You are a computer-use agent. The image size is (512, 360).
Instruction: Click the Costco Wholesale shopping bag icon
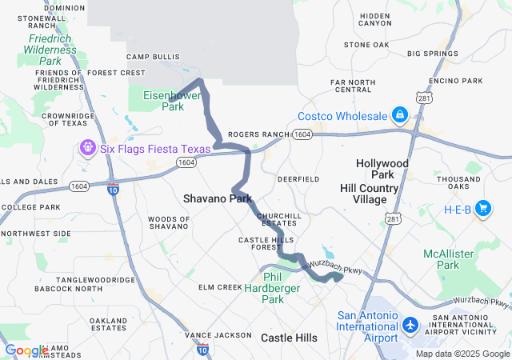tap(398, 116)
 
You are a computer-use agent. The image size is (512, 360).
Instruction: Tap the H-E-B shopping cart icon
tap(482, 209)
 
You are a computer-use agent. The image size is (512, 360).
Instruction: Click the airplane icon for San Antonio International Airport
tap(410, 326)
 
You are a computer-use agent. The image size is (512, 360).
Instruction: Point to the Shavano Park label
tap(217, 198)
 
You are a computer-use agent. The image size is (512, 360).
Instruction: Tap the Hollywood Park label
tap(382, 169)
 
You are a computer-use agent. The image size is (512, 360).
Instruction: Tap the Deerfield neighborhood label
tap(298, 178)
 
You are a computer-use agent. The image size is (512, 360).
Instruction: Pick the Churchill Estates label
tap(278, 220)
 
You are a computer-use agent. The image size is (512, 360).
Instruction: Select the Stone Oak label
tap(366, 45)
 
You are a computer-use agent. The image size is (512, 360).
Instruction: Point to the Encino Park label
tap(456, 81)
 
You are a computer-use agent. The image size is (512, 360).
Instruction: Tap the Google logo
tap(26, 350)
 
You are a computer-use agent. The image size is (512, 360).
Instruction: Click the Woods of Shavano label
tap(169, 223)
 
